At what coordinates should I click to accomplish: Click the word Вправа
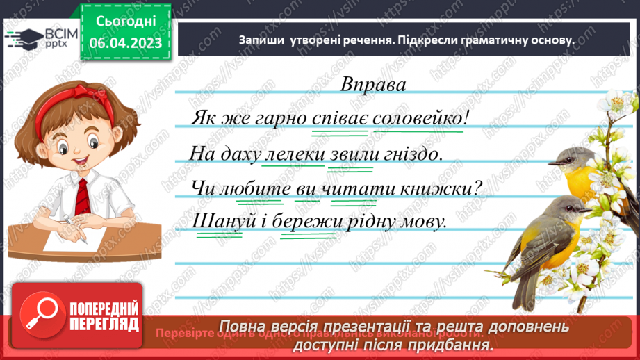372,84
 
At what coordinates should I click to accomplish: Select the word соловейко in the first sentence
417,118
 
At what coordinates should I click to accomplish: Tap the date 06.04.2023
124,43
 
